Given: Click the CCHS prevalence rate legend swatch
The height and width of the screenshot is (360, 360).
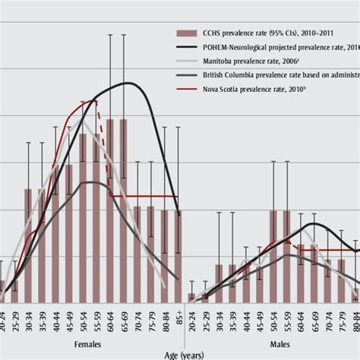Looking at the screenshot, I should (x=183, y=33).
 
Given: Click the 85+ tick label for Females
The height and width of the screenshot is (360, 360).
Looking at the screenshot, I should (x=179, y=314).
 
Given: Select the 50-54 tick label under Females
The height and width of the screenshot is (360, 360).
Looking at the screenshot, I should (x=84, y=316).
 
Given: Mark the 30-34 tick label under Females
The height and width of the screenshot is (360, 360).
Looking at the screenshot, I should (x=29, y=316).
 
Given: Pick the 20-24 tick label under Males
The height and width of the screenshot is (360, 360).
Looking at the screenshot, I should (x=191, y=316).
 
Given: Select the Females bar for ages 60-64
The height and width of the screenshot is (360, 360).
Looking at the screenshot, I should (x=111, y=213).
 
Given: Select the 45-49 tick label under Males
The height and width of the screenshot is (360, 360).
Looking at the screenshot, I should (x=260, y=316).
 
